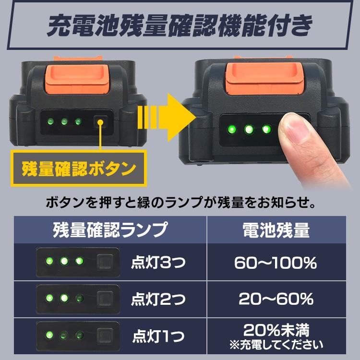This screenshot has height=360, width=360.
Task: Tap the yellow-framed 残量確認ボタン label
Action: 78,169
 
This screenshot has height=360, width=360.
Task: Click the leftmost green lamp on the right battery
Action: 230,129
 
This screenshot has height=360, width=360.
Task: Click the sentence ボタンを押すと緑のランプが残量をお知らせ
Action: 180,203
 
